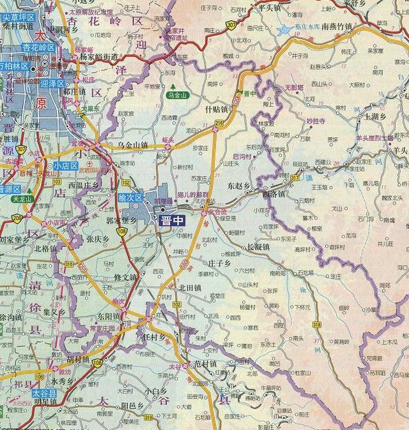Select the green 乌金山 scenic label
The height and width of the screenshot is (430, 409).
click(178, 94)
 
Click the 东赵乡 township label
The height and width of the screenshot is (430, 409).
click(239, 186)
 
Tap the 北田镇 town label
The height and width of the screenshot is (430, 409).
click(190, 288)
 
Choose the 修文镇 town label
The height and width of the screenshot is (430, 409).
click(125, 278)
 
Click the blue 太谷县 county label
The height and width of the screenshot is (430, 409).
click(44, 394)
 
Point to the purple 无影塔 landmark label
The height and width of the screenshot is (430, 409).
click(294, 86)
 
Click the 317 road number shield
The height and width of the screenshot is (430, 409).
click(295, 177)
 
